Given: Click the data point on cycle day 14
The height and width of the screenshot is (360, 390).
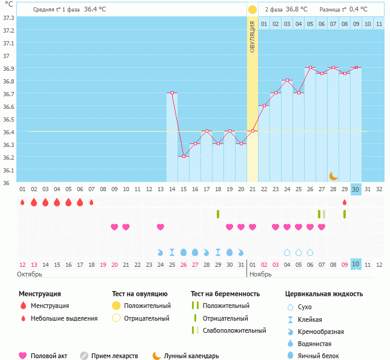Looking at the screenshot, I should [x=173, y=93].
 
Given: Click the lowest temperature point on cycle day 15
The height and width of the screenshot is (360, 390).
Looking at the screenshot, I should [x=183, y=157].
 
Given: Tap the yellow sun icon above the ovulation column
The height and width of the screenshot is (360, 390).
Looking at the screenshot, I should [x=252, y=10].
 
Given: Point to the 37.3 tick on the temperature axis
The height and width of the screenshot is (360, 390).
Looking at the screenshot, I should [x=9, y=18].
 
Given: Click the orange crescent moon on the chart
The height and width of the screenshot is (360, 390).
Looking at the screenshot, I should [x=333, y=175].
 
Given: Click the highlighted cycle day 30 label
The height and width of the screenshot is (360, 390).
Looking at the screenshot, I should [x=355, y=189].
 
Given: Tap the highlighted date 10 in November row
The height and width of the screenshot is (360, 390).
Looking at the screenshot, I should [x=355, y=264].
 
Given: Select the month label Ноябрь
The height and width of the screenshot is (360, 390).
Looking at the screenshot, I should [x=261, y=274].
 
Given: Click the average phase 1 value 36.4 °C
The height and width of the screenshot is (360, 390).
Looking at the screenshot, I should [x=95, y=10].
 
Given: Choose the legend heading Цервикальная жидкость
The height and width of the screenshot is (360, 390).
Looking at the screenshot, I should [x=323, y=294].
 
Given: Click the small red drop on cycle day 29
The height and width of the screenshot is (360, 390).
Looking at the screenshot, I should [x=344, y=202].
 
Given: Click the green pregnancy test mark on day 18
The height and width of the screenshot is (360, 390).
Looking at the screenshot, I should [x=218, y=214].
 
